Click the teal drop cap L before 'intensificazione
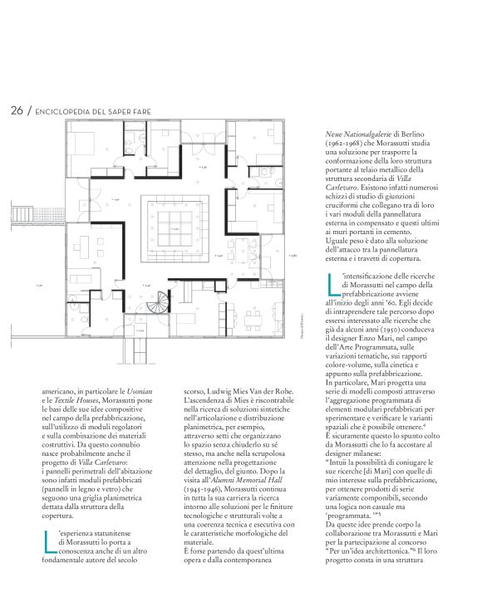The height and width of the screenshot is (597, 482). [x=334, y=284]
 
